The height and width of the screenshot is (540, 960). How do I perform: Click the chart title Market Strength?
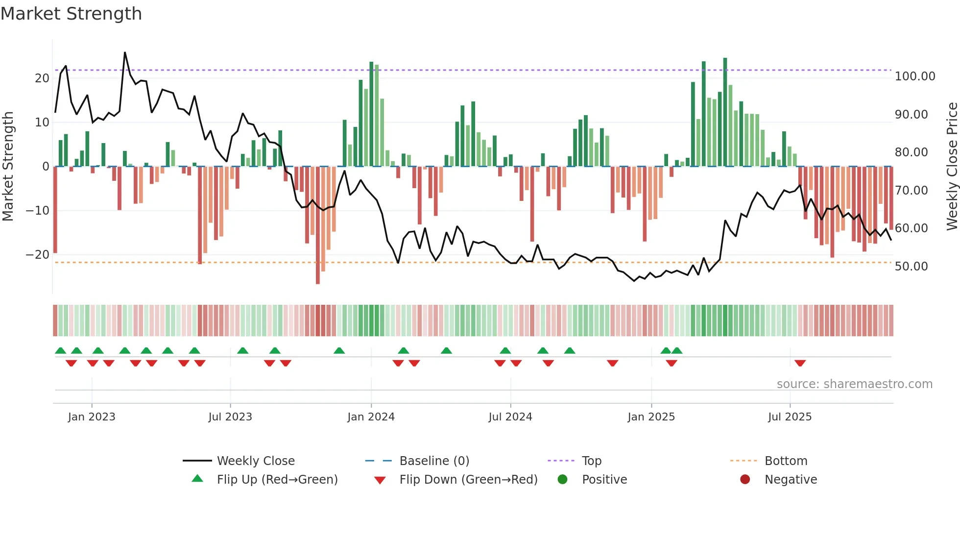click(x=71, y=14)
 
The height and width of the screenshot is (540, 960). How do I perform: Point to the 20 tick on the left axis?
click(x=42, y=78)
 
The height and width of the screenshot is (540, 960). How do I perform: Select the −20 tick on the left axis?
click(x=38, y=255)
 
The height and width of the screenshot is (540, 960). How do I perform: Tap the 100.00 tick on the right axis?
click(x=914, y=76)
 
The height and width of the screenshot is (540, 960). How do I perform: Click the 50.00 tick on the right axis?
click(x=911, y=267)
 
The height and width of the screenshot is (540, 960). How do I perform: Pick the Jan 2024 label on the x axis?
click(x=371, y=417)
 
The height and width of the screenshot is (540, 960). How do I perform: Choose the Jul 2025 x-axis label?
click(x=790, y=417)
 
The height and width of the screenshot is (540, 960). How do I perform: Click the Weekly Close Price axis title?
click(x=952, y=167)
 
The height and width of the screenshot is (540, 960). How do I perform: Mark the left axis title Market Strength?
click(x=8, y=167)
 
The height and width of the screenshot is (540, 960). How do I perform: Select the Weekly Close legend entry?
click(x=255, y=461)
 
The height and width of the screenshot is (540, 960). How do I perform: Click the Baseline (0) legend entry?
click(x=434, y=461)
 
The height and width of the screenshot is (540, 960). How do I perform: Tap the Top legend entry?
click(x=591, y=461)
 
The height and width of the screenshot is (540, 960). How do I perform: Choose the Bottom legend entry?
click(x=786, y=461)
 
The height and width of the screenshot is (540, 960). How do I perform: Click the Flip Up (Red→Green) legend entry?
click(x=277, y=480)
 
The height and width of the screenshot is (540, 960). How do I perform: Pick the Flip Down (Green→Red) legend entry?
click(x=468, y=480)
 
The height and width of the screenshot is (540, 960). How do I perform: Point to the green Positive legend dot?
click(x=562, y=480)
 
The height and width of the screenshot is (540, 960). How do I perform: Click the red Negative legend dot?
click(x=745, y=480)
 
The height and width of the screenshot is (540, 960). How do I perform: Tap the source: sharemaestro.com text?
click(x=854, y=384)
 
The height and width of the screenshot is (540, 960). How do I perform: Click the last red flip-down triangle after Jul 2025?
click(x=800, y=363)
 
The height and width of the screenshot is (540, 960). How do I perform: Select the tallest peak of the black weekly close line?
click(x=125, y=52)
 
